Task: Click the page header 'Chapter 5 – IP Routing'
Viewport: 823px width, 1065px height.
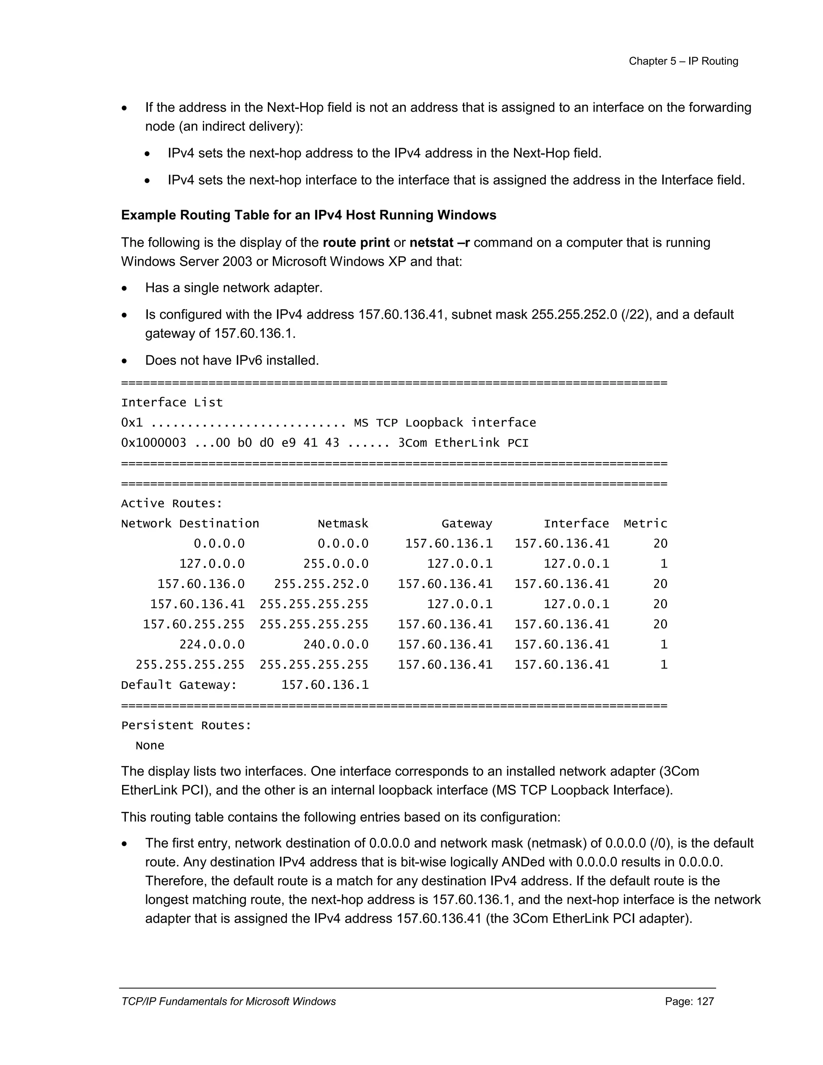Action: pyautogui.click(x=683, y=61)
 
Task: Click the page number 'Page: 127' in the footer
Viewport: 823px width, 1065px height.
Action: pyautogui.click(x=689, y=1001)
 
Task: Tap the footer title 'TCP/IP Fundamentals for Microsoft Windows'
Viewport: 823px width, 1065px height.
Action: pyautogui.click(x=228, y=1001)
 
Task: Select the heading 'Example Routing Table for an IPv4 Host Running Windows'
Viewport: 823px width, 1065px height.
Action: pyautogui.click(x=308, y=215)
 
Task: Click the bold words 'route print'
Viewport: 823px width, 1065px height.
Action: pyautogui.click(x=356, y=242)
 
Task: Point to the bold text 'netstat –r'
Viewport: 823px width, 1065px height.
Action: pyautogui.click(x=439, y=242)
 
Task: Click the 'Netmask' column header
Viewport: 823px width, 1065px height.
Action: pyautogui.click(x=343, y=524)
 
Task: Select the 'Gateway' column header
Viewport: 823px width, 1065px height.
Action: pyautogui.click(x=467, y=524)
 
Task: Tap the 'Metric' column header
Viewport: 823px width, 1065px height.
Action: pyautogui.click(x=645, y=524)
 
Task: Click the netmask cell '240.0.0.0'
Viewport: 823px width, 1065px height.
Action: pyautogui.click(x=336, y=645)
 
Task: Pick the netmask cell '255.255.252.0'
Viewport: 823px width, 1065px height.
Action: pyautogui.click(x=321, y=584)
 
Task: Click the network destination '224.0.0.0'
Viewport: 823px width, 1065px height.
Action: pyautogui.click(x=212, y=645)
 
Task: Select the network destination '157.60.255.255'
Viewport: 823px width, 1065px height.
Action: pyautogui.click(x=194, y=625)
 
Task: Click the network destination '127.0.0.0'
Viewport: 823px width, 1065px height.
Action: pyautogui.click(x=212, y=564)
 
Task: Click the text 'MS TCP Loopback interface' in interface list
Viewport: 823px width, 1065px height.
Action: pyautogui.click(x=445, y=423)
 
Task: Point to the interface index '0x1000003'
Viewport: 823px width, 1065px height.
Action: pyautogui.click(x=153, y=443)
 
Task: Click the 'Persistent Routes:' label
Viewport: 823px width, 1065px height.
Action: pyautogui.click(x=186, y=725)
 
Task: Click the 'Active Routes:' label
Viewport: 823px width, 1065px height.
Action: pyautogui.click(x=172, y=504)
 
